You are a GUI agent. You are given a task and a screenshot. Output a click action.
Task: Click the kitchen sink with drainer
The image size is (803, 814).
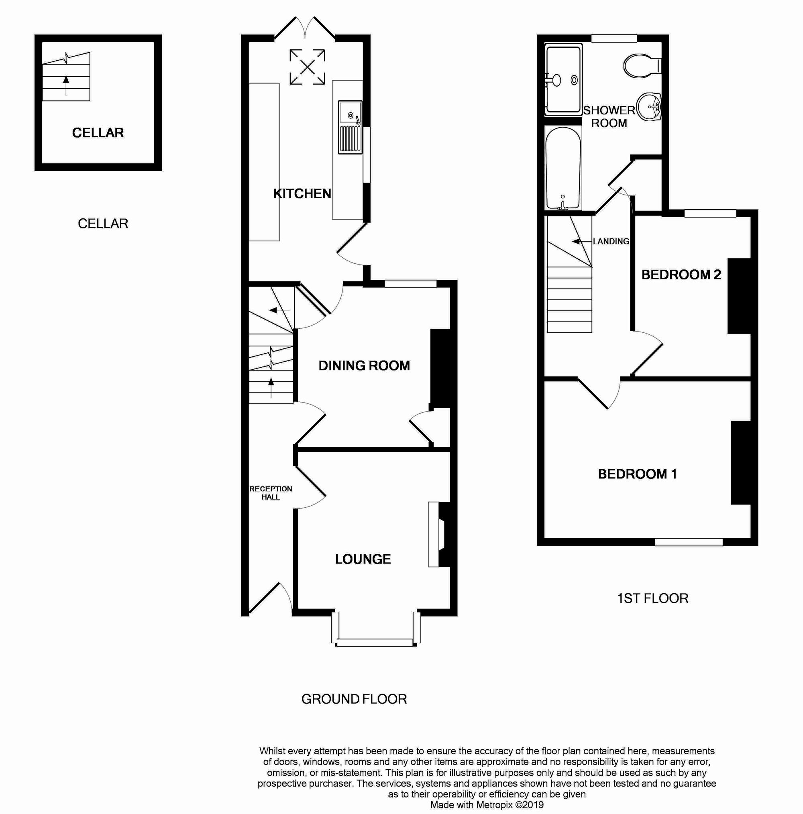(350, 127)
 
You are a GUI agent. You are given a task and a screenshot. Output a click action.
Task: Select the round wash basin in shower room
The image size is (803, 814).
(649, 107)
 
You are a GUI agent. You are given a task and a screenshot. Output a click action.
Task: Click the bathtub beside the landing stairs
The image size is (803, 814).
(563, 169)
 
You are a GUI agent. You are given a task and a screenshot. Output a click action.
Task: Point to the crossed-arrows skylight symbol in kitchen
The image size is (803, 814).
(307, 67)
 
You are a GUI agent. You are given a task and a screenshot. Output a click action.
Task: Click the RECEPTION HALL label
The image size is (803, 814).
(270, 492)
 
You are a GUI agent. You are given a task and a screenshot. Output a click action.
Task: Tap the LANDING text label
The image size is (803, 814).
(611, 241)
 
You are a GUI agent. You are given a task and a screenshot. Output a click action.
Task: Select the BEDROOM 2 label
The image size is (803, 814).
(681, 275)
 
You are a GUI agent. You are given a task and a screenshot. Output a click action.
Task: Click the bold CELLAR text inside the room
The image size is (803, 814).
(98, 133)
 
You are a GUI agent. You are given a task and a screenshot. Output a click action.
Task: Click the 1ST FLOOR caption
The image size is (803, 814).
(652, 598)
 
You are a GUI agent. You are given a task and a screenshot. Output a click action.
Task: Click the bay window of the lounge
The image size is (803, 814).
(375, 643)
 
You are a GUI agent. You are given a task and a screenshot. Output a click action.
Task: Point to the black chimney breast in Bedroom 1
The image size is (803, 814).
(741, 462)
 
